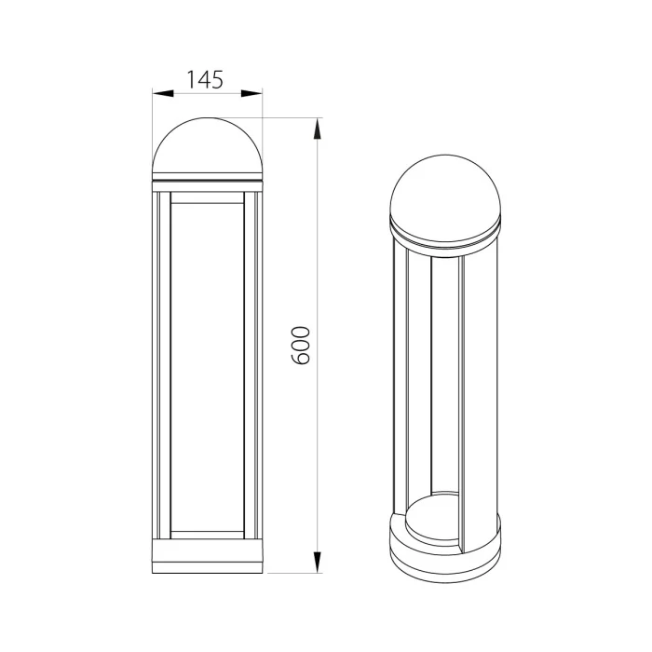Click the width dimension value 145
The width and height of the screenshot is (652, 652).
click(x=206, y=79)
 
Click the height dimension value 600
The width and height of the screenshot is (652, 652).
click(x=301, y=345)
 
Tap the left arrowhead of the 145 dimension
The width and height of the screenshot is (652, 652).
click(x=159, y=93)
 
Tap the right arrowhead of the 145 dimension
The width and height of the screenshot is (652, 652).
click(x=255, y=93)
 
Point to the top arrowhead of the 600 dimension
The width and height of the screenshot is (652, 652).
click(x=319, y=125)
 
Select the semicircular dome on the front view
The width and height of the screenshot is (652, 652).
click(x=207, y=149)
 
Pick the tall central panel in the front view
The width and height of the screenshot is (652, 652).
click(x=207, y=368)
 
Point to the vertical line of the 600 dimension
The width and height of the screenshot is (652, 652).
click(x=319, y=419)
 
